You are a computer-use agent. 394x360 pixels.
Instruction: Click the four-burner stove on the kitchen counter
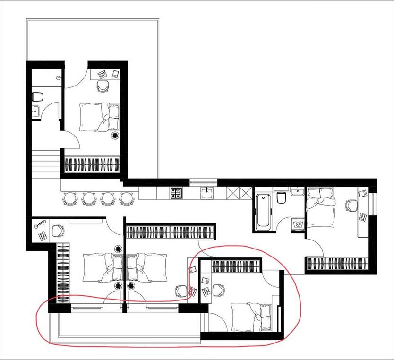point(176,193)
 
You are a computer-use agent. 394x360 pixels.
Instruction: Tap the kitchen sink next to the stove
point(206,193)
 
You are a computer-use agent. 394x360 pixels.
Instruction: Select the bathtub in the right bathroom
point(263,210)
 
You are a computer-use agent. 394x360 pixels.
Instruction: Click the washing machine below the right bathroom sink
point(297,223)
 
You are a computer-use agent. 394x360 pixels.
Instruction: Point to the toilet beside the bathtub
point(281,197)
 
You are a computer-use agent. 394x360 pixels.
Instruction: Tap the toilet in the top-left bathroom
point(37,97)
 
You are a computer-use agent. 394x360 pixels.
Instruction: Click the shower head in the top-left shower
point(58,77)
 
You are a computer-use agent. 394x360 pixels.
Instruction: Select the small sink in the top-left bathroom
point(35,112)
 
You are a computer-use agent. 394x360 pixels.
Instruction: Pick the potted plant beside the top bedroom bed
point(115,136)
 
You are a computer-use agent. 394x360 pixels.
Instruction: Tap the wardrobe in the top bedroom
point(92,164)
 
